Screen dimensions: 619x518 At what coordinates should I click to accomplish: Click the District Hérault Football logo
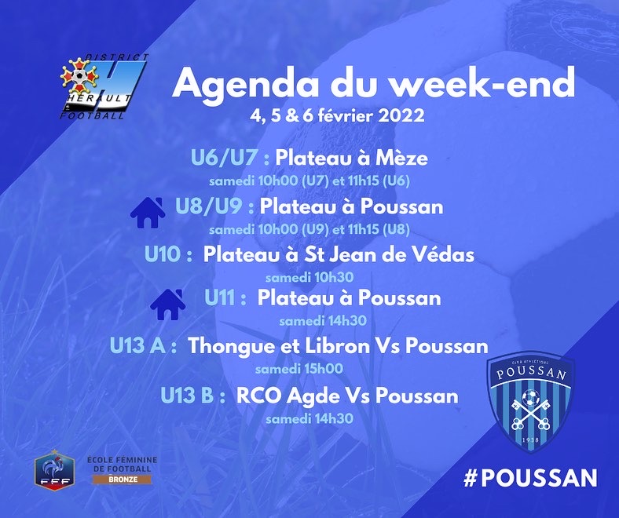click(104, 86)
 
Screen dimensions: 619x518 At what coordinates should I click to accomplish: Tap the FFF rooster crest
click(54, 469)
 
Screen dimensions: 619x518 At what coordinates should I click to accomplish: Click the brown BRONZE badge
click(122, 480)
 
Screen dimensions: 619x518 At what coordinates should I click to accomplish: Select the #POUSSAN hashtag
click(530, 478)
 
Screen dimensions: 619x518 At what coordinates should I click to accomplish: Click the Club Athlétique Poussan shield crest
click(530, 402)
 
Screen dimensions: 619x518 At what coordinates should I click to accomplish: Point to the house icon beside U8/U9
click(148, 212)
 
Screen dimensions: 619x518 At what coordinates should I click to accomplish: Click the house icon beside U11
click(168, 305)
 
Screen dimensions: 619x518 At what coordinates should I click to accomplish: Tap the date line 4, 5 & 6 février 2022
click(337, 115)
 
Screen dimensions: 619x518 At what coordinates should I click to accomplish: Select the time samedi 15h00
click(299, 369)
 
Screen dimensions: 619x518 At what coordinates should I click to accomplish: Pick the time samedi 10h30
click(309, 277)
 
